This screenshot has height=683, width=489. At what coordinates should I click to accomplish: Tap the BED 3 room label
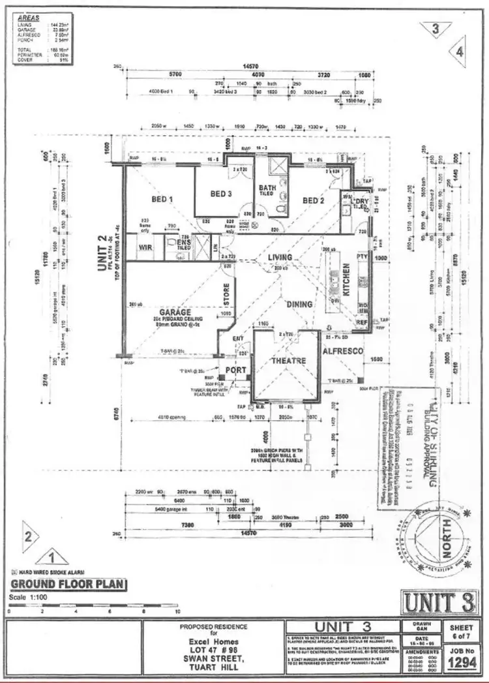(221, 194)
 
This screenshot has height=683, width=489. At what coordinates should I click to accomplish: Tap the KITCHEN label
(346, 281)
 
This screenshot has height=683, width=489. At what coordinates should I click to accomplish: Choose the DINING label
(299, 304)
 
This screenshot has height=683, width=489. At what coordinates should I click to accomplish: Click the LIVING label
(281, 258)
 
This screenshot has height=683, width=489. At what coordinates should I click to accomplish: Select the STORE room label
(226, 294)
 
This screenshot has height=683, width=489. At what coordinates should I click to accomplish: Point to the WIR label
(145, 247)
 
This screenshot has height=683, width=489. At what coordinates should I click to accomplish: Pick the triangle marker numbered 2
(29, 536)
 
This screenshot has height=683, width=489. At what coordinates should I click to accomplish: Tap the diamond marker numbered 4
(460, 52)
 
